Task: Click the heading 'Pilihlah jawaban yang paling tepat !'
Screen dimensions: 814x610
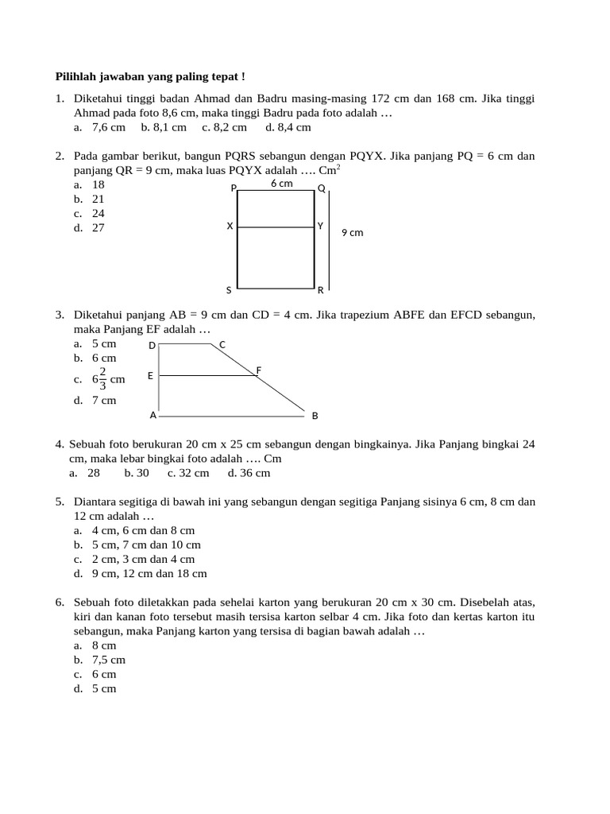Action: pyautogui.click(x=150, y=76)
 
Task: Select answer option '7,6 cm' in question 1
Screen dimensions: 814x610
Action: pyautogui.click(x=108, y=127)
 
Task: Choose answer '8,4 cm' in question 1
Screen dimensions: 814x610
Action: pyautogui.click(x=294, y=127)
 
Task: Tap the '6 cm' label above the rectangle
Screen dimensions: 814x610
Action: pyautogui.click(x=281, y=184)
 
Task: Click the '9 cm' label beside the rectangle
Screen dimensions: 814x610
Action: pyautogui.click(x=352, y=233)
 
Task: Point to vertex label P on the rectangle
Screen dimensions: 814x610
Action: pyautogui.click(x=234, y=189)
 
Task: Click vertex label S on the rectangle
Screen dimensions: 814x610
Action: pyautogui.click(x=229, y=290)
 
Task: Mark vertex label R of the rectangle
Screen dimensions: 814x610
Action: pyautogui.click(x=321, y=290)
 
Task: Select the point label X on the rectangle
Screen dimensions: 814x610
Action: pyautogui.click(x=230, y=227)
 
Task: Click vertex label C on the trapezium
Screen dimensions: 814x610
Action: pyautogui.click(x=222, y=344)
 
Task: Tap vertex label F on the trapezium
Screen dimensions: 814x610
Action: pyautogui.click(x=259, y=370)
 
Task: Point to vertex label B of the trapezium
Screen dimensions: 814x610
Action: pyautogui.click(x=315, y=416)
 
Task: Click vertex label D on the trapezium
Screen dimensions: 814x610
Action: pyautogui.click(x=152, y=346)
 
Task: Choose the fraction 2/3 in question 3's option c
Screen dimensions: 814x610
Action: pyautogui.click(x=102, y=379)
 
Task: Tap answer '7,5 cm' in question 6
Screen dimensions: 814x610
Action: pyautogui.click(x=108, y=660)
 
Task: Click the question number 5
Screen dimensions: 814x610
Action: pyautogui.click(x=60, y=502)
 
